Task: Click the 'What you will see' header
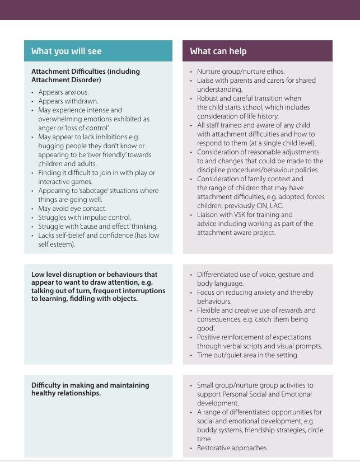(66, 51)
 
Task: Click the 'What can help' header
(218, 51)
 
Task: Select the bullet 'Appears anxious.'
(63, 92)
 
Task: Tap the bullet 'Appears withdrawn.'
(68, 101)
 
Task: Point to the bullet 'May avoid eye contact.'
(72, 209)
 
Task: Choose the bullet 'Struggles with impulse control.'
(84, 218)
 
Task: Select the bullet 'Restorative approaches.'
(232, 448)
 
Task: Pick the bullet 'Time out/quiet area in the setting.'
(247, 355)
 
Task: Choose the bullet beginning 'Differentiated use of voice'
(255, 275)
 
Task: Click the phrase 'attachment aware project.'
(236, 233)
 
